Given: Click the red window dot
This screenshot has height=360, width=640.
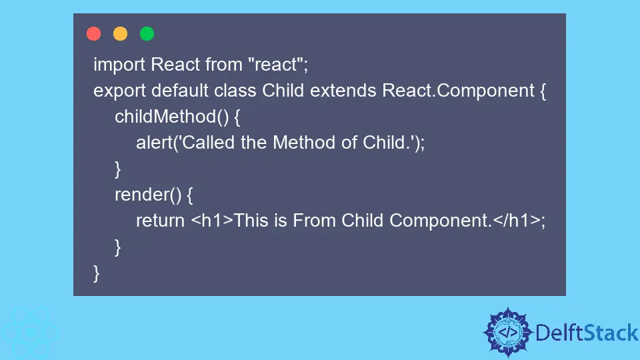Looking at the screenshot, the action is click(x=93, y=34).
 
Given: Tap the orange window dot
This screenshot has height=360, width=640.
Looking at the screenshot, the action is click(x=121, y=34).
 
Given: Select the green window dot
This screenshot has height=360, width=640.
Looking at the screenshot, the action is click(x=147, y=34).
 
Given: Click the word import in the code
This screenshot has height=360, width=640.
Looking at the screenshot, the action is click(x=119, y=65).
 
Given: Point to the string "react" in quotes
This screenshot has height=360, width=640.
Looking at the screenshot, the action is click(x=275, y=65).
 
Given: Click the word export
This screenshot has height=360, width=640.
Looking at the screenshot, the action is click(x=119, y=91).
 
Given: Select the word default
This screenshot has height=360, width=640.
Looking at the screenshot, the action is click(x=180, y=90).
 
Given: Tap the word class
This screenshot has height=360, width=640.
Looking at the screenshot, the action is click(x=235, y=90).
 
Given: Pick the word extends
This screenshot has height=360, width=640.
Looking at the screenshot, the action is click(x=343, y=90).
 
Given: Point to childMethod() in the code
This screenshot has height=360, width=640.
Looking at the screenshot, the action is click(x=172, y=117).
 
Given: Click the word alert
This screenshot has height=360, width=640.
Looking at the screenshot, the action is click(x=154, y=143).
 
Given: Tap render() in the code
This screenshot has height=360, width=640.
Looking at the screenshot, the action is click(x=148, y=195).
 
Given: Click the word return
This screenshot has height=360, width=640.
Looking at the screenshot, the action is click(x=161, y=221).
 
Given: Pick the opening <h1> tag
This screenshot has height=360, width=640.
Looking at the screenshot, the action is click(x=212, y=221).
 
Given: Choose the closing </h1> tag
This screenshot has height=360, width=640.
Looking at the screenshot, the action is click(x=517, y=221).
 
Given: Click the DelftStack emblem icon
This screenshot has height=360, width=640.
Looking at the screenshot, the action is click(x=508, y=332).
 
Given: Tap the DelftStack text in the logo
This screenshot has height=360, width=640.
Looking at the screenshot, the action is click(x=587, y=333).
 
